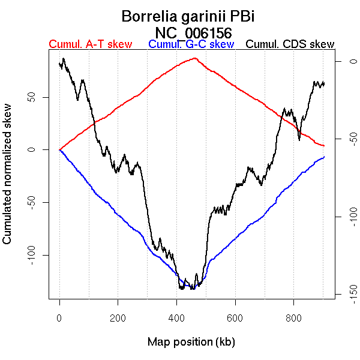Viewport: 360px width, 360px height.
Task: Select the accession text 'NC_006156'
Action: (193, 32)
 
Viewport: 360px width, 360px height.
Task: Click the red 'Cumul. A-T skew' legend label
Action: (90, 44)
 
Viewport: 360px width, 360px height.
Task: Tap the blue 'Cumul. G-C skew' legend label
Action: (191, 44)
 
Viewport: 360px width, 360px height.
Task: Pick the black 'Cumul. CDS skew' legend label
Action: (290, 44)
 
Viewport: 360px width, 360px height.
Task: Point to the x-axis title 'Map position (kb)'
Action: (191, 342)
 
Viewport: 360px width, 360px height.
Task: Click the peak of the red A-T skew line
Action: (194, 58)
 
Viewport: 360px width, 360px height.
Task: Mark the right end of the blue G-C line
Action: (325, 157)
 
